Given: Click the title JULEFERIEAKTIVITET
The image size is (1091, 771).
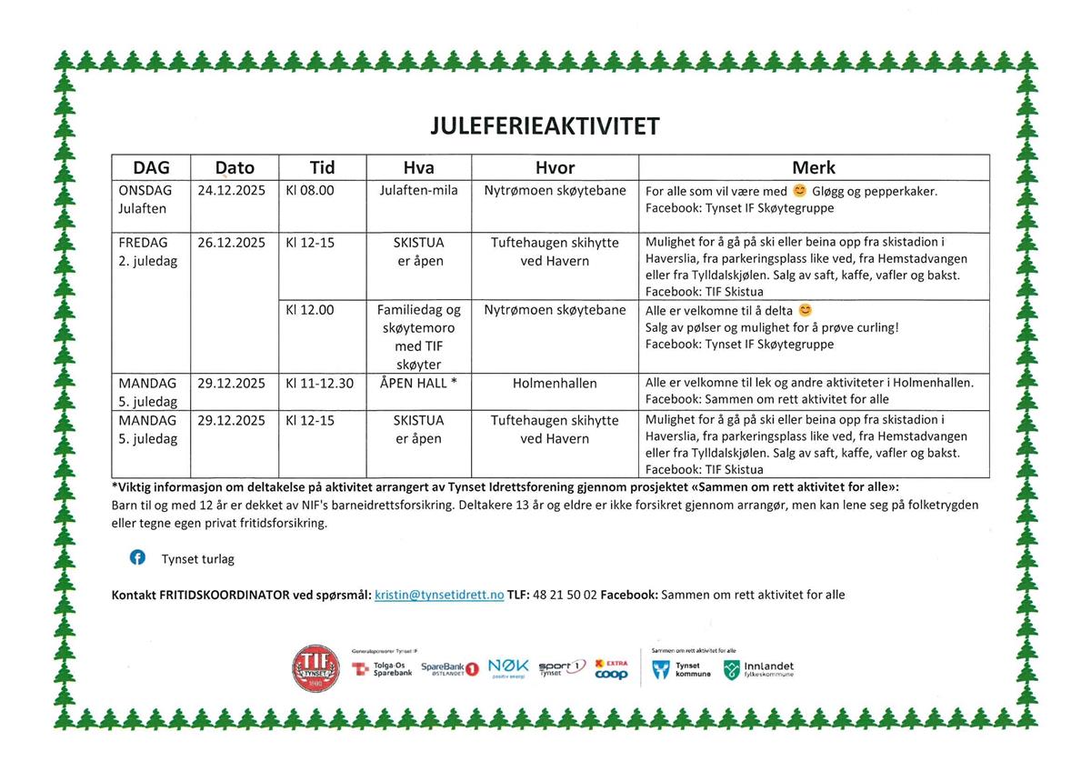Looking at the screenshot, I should pyautogui.click(x=545, y=125).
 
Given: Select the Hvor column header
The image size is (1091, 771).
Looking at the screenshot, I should pyautogui.click(x=555, y=168).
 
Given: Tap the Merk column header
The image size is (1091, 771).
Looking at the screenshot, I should pyautogui.click(x=813, y=168).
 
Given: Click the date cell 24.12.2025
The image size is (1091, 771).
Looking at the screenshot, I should pyautogui.click(x=231, y=191).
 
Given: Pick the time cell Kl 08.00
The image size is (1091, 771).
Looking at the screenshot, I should pyautogui.click(x=309, y=191).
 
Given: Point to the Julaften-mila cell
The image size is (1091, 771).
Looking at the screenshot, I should pyautogui.click(x=419, y=191).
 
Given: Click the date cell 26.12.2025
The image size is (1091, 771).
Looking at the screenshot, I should pyautogui.click(x=231, y=244).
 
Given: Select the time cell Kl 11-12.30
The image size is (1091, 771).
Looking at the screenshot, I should pyautogui.click(x=319, y=384).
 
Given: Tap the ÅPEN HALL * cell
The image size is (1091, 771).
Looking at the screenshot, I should pyautogui.click(x=419, y=384).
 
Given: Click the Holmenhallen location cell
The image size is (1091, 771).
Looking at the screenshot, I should pyautogui.click(x=555, y=384).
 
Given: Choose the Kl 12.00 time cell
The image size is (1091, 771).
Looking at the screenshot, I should pyautogui.click(x=309, y=310).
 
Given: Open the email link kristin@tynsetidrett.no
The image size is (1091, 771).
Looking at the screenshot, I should pyautogui.click(x=439, y=595).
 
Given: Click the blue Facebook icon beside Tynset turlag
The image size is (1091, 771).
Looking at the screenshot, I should pyautogui.click(x=137, y=558).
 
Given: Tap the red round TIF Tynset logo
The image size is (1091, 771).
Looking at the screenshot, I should pyautogui.click(x=315, y=668).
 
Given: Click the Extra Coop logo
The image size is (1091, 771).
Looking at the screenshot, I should pyautogui.click(x=611, y=669).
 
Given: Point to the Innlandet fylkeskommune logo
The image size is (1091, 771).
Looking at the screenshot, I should pyautogui.click(x=758, y=670).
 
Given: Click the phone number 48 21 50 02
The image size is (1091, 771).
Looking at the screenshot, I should pyautogui.click(x=565, y=595).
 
